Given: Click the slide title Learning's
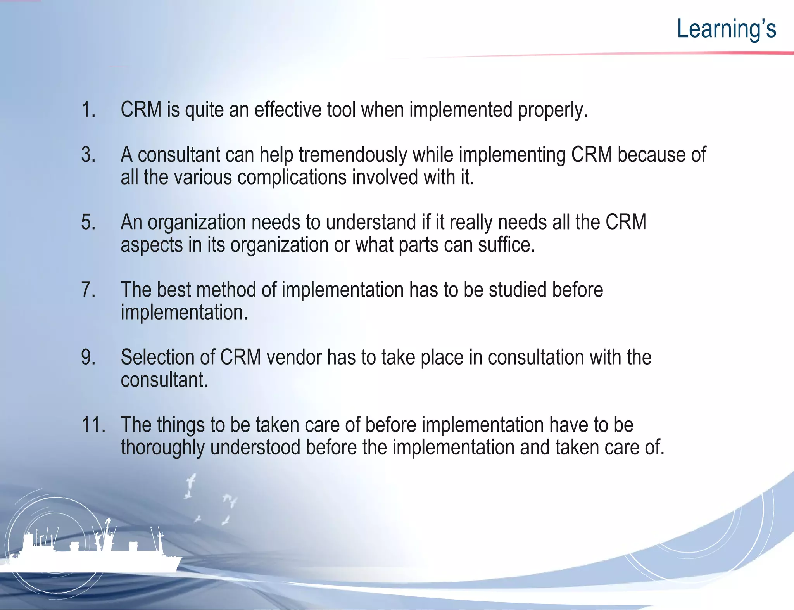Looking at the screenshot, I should (726, 29).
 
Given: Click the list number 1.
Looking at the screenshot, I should (88, 110).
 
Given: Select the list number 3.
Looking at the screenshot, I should (88, 155).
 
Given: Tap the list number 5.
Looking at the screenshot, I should (88, 223).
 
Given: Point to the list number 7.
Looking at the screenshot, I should (88, 290).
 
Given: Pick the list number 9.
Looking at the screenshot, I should (88, 358).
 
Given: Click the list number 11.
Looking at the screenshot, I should (93, 425).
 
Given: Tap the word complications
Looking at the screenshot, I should (292, 178).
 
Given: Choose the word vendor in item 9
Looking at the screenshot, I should (294, 358).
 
